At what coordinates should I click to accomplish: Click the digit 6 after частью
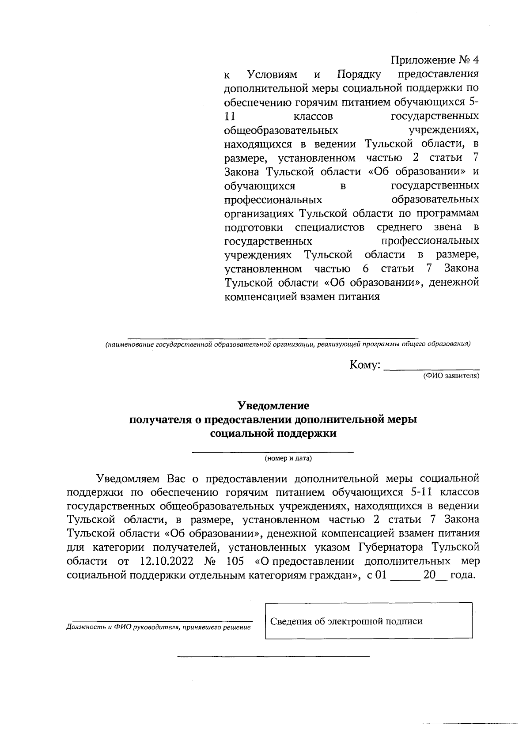coord(365,269)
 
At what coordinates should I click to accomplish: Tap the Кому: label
coord(365,365)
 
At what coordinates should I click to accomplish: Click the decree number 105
coord(235,561)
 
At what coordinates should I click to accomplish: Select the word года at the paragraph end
coord(462,575)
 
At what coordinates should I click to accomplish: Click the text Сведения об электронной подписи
coord(346,622)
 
